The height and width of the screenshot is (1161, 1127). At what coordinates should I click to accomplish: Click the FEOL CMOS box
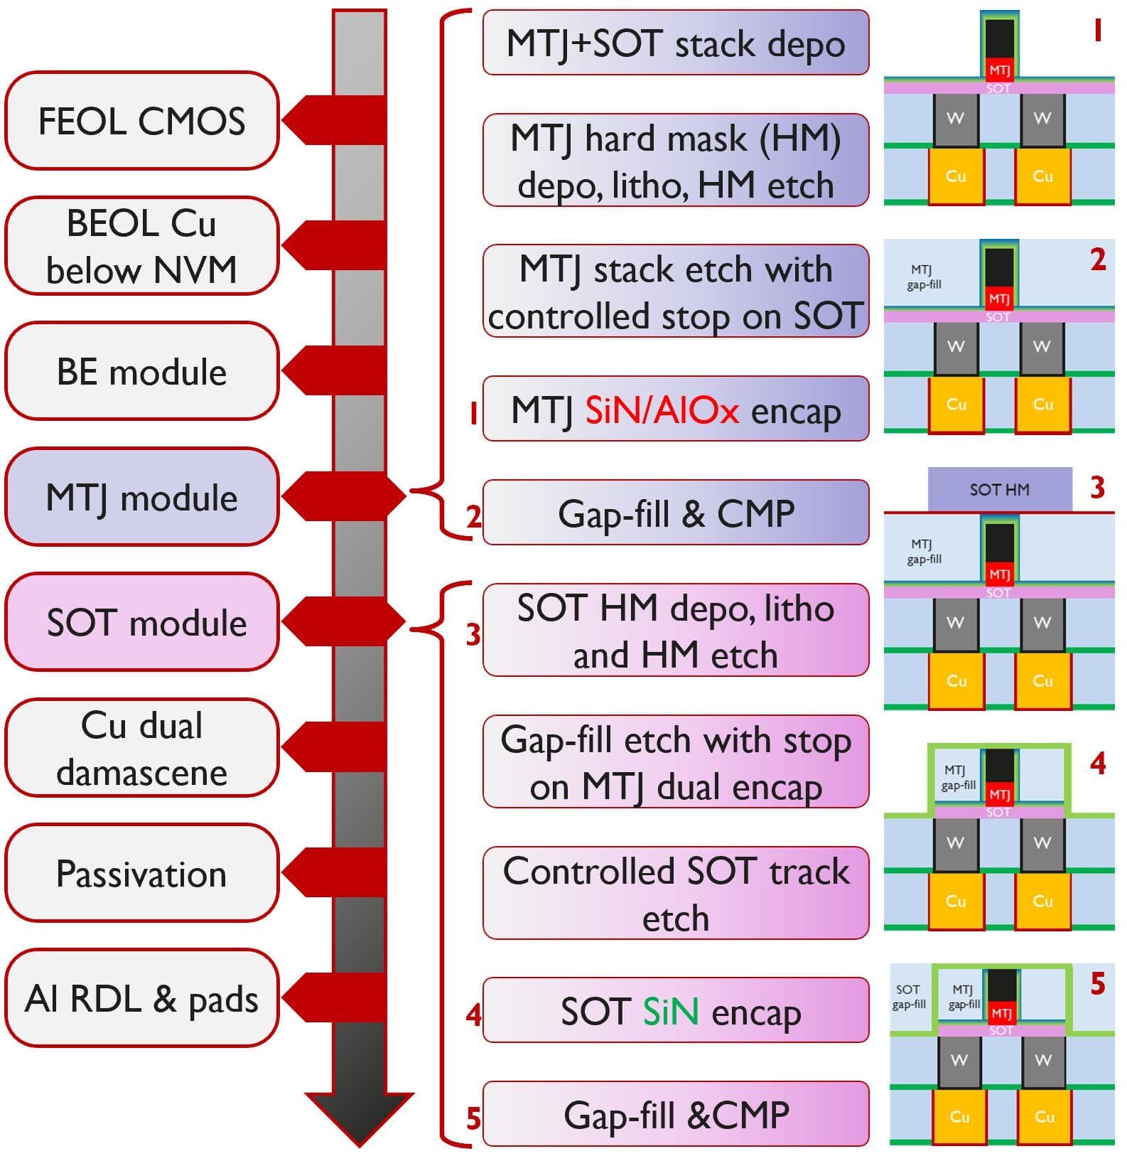point(141,121)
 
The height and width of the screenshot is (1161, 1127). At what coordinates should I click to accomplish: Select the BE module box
point(141,372)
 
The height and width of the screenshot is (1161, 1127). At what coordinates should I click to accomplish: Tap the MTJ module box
point(141,497)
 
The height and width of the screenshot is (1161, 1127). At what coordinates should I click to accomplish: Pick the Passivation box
point(141,873)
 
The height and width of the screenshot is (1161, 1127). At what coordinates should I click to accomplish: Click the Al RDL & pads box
point(141,998)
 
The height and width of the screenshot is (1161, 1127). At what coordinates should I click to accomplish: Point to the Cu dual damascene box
point(141,748)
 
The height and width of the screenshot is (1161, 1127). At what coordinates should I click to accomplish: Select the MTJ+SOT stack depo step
point(675,43)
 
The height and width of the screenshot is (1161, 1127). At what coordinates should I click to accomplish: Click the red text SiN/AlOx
point(662,410)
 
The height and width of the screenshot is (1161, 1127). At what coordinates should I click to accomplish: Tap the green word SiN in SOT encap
point(670,1011)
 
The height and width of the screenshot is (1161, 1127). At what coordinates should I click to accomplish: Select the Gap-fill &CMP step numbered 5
point(675,1114)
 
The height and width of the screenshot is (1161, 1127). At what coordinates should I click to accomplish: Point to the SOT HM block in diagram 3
point(999,489)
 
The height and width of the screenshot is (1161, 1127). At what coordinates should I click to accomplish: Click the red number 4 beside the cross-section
point(1098,763)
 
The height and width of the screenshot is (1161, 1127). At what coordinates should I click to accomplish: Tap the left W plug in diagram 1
point(956,119)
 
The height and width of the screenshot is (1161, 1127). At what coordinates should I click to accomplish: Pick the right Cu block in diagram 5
point(1044,1116)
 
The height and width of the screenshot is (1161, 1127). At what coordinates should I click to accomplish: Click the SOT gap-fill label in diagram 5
point(909,997)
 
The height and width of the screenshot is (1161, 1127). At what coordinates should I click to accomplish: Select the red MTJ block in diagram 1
point(999,70)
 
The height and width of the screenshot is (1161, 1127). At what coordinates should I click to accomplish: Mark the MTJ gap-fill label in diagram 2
point(923,277)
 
